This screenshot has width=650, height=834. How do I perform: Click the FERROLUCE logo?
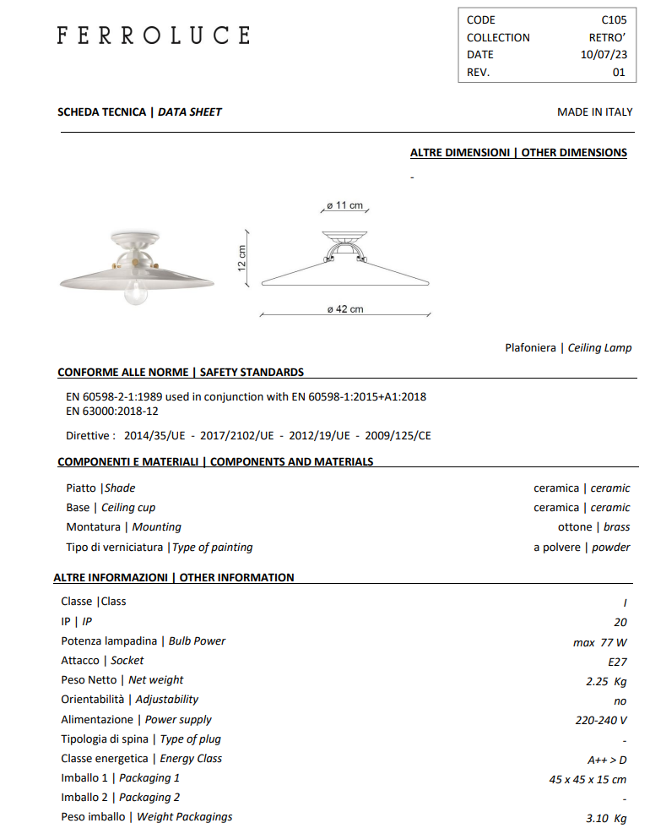point(153,35)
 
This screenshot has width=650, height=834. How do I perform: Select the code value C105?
point(613,19)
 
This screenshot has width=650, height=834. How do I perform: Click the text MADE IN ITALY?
point(594,112)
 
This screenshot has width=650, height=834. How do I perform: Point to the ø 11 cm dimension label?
point(344,205)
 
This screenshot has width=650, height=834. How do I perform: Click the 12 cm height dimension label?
point(242,258)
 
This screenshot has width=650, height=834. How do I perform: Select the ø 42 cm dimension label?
point(345,309)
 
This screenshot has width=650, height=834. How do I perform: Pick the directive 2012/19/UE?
point(319,436)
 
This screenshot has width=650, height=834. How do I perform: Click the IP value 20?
point(620,621)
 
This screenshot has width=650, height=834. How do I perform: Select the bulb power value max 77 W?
point(599,642)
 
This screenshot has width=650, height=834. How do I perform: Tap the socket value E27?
point(617,662)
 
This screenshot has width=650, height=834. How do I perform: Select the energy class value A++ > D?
point(607,760)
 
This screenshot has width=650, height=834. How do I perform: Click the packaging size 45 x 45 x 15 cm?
point(588,779)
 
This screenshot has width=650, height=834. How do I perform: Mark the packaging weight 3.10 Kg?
point(605,818)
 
